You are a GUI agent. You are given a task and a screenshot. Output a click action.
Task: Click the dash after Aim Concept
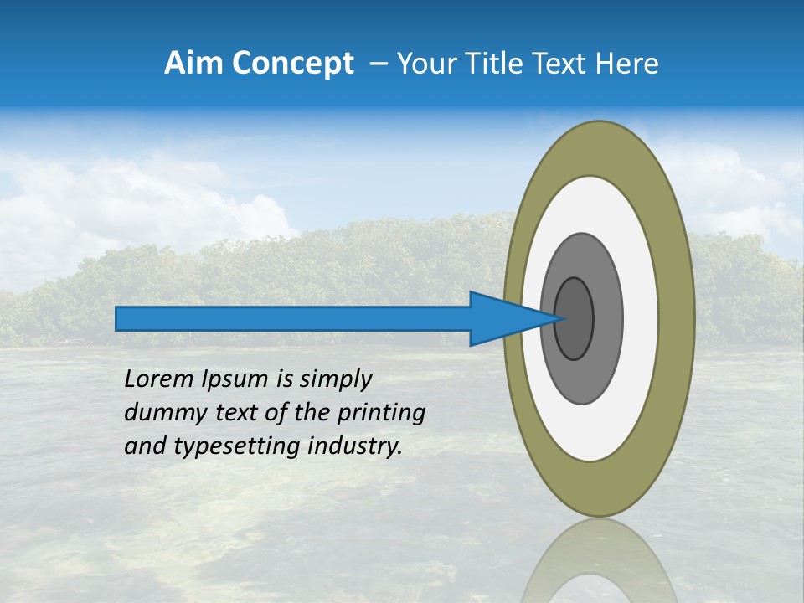coord(378,64)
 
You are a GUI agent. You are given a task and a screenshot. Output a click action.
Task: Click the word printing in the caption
coord(381,414)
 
